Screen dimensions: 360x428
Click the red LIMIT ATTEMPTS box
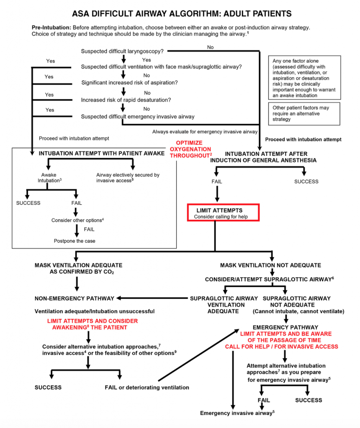(x=223, y=212)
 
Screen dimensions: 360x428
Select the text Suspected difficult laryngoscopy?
(x=122, y=51)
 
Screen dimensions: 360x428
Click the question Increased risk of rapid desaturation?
(x=126, y=100)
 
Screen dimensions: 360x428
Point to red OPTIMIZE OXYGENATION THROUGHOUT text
(x=190, y=149)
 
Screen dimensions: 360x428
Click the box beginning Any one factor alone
(x=304, y=78)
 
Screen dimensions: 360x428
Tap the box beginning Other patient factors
(x=304, y=114)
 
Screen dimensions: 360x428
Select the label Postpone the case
(x=75, y=241)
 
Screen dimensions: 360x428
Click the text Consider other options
(x=77, y=220)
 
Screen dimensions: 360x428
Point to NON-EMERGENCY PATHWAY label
(x=75, y=298)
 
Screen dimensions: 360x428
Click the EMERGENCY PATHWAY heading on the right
(x=285, y=327)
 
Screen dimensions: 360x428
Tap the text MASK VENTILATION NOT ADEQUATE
(x=270, y=265)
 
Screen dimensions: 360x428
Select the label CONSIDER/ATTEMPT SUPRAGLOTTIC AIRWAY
(x=269, y=279)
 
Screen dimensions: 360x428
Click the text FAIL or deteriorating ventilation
(x=147, y=387)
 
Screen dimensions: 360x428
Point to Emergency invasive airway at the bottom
(x=237, y=413)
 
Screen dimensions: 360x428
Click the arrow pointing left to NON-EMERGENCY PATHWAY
(x=152, y=298)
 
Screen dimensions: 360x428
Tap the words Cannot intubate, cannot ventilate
(x=298, y=311)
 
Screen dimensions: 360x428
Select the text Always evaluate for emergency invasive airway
(x=205, y=132)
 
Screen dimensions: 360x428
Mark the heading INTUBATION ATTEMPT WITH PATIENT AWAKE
(x=101, y=153)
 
